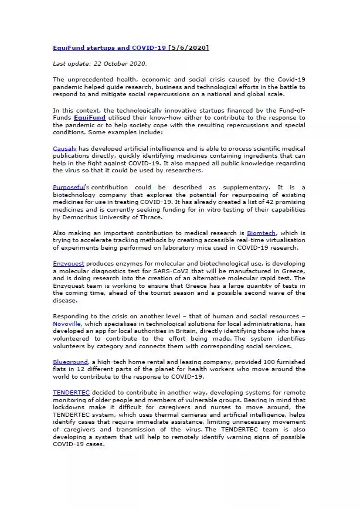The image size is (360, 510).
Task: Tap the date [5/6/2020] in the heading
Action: tap(188, 47)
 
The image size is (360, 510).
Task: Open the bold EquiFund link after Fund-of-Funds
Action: tap(90, 117)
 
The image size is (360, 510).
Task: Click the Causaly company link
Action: tap(64, 148)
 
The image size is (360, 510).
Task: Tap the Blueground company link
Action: tap(70, 362)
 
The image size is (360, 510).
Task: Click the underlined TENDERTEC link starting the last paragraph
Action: tap(71, 392)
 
